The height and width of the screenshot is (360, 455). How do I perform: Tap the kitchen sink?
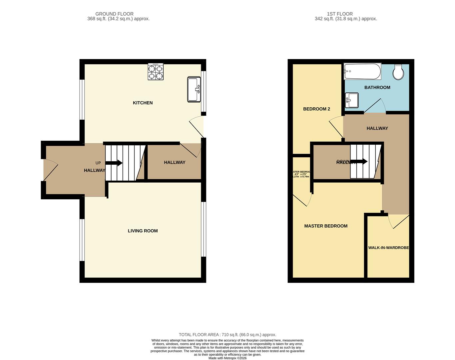194,89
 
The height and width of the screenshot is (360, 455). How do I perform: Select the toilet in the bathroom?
398,72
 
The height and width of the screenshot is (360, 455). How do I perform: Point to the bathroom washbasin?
351,100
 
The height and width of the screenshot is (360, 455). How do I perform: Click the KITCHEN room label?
143,103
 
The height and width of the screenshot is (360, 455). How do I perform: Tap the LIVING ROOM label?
143,231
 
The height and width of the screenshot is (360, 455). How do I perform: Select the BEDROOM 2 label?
316,109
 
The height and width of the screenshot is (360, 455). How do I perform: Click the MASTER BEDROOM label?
326,226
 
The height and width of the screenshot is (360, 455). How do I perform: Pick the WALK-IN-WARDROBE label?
388,248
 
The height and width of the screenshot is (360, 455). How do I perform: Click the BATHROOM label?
377,87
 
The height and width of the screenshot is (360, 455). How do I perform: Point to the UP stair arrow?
114,163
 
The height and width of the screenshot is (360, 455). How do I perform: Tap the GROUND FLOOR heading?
114,14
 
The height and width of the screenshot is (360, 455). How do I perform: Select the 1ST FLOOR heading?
340,14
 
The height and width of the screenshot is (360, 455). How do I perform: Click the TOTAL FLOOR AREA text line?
227,335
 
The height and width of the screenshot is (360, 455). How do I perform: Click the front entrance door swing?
51,170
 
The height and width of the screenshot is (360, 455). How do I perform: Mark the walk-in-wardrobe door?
399,221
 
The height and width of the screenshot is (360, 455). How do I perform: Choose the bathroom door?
374,106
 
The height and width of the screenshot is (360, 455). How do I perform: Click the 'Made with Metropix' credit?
227,358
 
